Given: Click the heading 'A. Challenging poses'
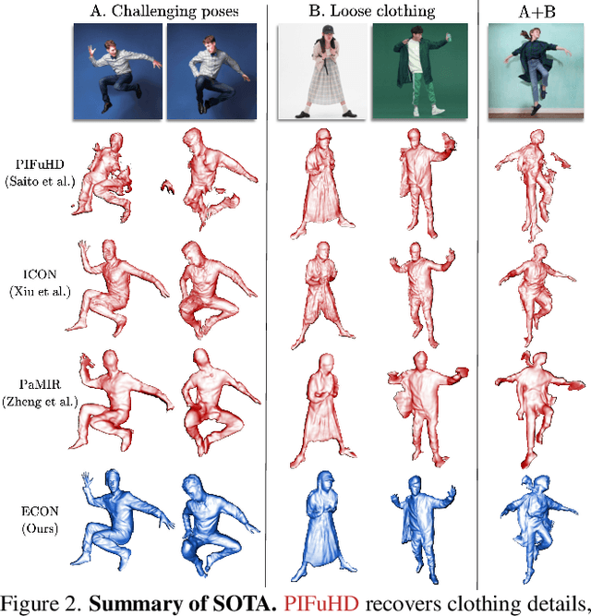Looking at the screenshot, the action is (x=164, y=11).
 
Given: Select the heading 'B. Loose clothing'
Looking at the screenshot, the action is (x=372, y=11).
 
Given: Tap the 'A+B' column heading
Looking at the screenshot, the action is (x=537, y=12).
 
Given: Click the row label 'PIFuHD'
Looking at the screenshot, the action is (x=40, y=164).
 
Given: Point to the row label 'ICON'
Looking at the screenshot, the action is (x=40, y=274).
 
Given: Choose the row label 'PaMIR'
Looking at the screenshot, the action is (x=40, y=384).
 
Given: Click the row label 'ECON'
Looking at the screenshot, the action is (x=40, y=511).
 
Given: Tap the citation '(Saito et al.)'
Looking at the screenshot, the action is (x=40, y=182).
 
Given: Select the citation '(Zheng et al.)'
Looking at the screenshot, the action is (x=40, y=402).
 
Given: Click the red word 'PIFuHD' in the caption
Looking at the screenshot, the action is (x=320, y=603).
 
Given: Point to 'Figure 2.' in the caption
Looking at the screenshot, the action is (x=42, y=604).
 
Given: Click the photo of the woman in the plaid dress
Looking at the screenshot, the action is (x=322, y=71).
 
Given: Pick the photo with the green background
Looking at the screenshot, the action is (x=420, y=71).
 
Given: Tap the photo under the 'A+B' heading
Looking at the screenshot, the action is (x=536, y=71).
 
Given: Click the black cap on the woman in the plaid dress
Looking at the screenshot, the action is (x=328, y=30).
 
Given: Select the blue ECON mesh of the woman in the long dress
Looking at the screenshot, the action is (x=323, y=526).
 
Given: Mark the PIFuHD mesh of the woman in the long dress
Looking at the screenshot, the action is (x=322, y=184).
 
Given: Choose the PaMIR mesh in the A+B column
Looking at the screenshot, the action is (x=540, y=409).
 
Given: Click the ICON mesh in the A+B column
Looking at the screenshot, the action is (x=537, y=295).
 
